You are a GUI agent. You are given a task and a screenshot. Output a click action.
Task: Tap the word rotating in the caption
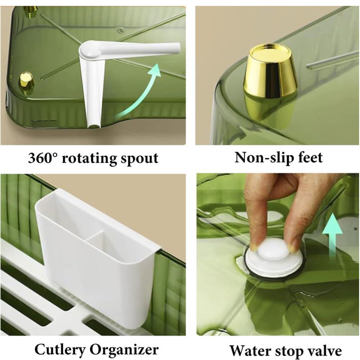[89, 159]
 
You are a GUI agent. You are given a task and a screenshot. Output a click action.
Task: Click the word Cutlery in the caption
[60, 350]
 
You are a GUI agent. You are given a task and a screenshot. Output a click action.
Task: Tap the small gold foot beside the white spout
[27, 80]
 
